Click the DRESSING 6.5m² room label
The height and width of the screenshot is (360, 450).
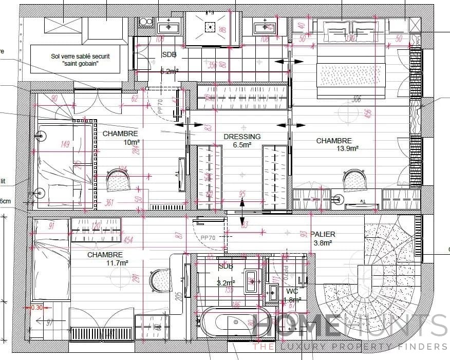242,141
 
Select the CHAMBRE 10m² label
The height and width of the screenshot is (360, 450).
120,138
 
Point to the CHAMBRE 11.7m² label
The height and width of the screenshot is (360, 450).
105,259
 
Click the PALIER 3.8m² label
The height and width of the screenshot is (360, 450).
323,238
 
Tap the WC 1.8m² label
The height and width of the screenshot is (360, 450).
292,296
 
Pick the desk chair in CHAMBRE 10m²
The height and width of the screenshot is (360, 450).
120,181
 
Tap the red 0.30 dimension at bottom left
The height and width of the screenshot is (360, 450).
36,308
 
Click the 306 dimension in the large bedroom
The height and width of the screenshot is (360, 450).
357,99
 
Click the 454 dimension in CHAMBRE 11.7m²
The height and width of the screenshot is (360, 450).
128,240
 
